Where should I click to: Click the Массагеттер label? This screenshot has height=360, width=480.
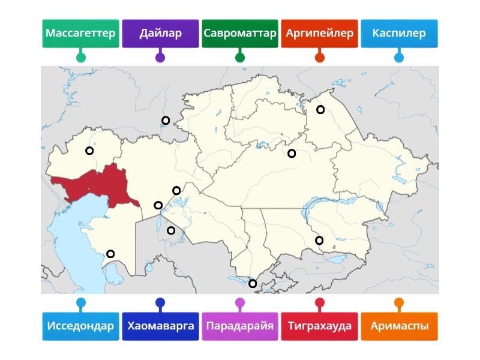(x=80, y=34)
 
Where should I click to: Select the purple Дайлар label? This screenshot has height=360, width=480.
(x=160, y=34)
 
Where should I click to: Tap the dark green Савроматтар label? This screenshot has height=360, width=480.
(x=240, y=34)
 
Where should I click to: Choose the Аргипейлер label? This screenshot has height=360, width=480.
(x=320, y=34)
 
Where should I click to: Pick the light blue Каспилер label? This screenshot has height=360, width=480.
(x=399, y=34)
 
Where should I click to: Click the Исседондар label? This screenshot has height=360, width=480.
(x=80, y=326)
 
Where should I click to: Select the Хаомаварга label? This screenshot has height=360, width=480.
(x=160, y=326)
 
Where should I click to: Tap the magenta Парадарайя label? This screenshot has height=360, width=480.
(x=240, y=326)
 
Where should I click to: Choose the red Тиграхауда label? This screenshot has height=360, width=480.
(x=320, y=326)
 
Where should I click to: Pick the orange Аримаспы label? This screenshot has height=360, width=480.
(x=399, y=326)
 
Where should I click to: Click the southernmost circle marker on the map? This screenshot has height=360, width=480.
(x=253, y=284)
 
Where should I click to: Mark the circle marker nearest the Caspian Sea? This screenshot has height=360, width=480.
(x=110, y=254)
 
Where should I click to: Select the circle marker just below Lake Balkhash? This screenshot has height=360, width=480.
(x=319, y=241)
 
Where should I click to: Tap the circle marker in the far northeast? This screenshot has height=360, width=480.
(x=320, y=110)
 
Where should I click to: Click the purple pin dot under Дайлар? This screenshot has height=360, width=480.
(x=160, y=58)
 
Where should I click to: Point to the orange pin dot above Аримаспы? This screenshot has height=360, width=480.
(x=399, y=303)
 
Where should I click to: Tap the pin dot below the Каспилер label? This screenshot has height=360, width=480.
(x=399, y=58)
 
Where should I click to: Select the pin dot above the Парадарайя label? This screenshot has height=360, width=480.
(x=240, y=303)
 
